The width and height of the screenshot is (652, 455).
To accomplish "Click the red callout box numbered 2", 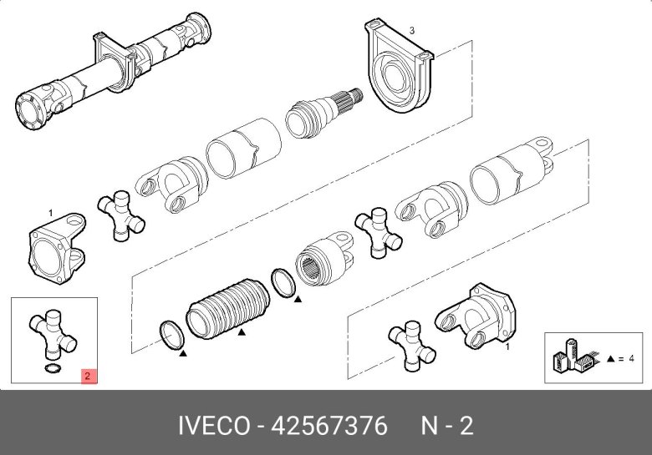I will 89,376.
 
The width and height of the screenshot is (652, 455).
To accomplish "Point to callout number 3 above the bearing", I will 411,30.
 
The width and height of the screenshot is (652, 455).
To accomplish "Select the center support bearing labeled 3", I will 400,73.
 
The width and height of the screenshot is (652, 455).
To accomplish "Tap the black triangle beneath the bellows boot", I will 241,332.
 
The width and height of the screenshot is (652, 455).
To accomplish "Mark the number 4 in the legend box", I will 633,358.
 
